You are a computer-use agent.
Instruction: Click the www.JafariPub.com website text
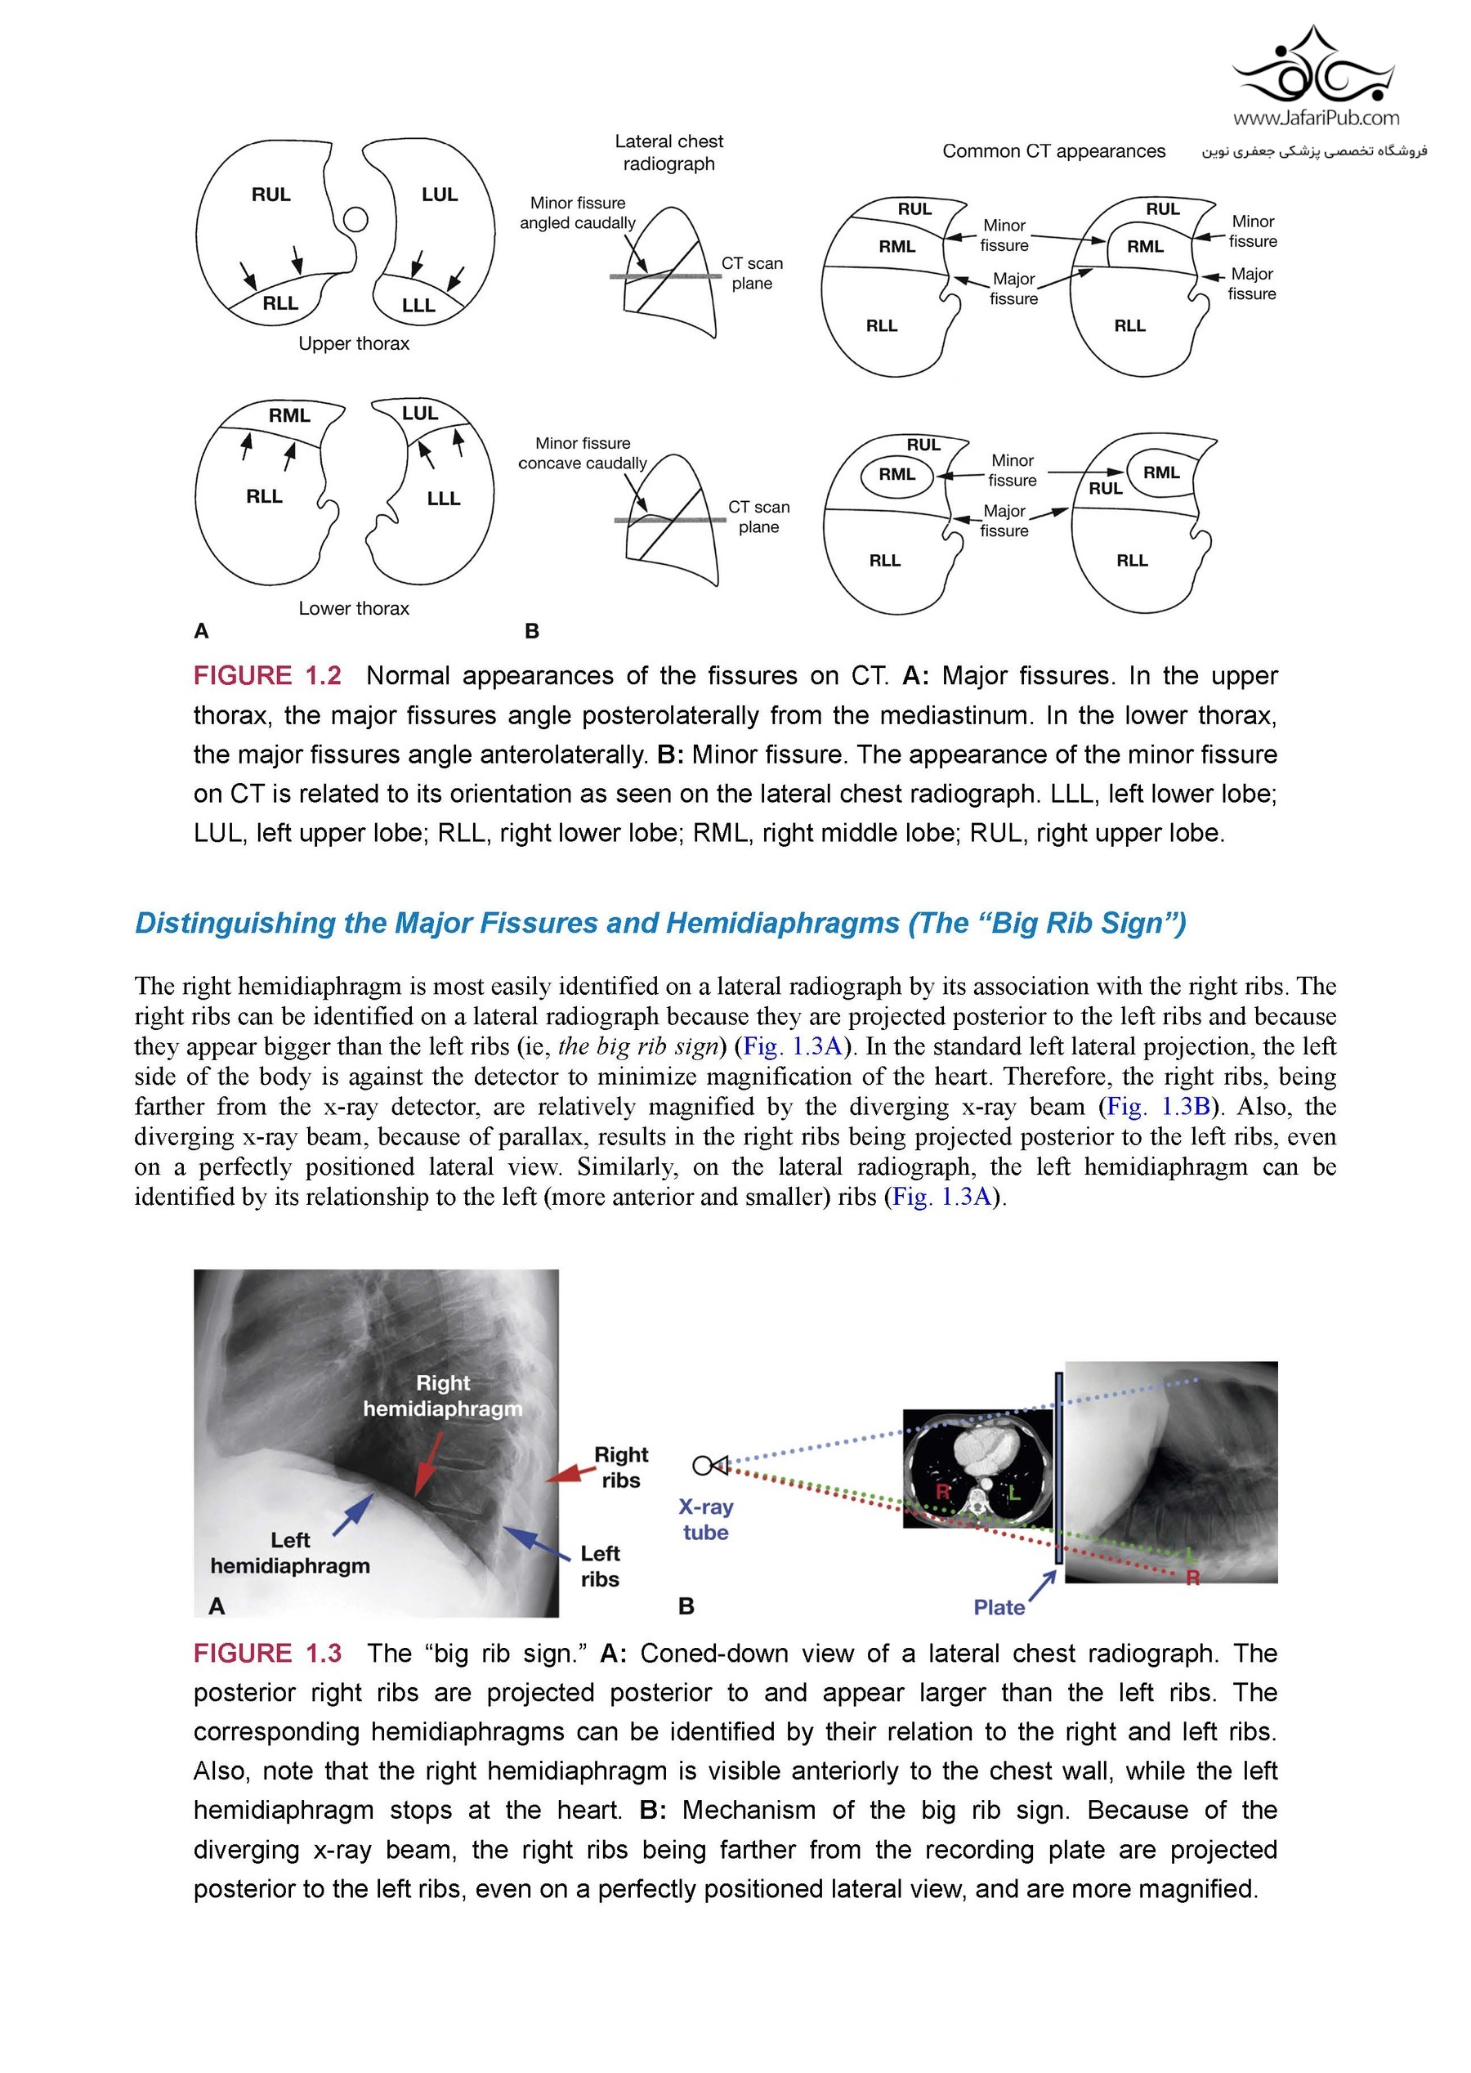pos(1315,118)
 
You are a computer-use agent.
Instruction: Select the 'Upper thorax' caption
pos(353,343)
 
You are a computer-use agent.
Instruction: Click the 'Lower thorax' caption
pos(353,608)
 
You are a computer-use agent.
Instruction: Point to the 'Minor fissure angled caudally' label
pos(578,213)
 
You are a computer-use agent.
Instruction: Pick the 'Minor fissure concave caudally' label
pos(583,453)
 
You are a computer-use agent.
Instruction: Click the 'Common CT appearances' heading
pos(1053,151)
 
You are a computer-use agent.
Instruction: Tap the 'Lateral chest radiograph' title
pos(668,152)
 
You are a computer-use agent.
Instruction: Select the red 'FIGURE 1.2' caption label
pos(267,676)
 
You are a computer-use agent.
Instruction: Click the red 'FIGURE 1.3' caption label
pos(267,1654)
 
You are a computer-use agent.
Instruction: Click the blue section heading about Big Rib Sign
pos(660,923)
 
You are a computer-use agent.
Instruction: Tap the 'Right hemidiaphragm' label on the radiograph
pos(443,1396)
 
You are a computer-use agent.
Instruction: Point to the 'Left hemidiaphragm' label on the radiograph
pos(290,1553)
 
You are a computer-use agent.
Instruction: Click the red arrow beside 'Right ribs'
pos(567,1473)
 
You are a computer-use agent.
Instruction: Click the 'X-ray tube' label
pos(705,1520)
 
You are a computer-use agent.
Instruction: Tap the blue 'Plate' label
pos(998,1607)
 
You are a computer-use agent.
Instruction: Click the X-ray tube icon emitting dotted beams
pos(710,1465)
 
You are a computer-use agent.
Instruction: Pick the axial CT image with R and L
pos(978,1469)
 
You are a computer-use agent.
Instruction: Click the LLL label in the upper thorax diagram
pos(418,306)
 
